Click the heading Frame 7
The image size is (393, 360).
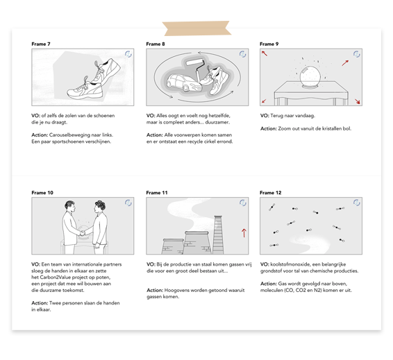(x=41, y=44)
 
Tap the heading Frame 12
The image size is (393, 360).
(x=270, y=193)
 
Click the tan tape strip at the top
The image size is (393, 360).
(x=196, y=28)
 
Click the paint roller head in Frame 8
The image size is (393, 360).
(x=195, y=62)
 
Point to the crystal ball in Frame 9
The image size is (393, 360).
(x=310, y=76)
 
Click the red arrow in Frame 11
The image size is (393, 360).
(x=244, y=233)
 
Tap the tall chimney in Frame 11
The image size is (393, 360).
(x=218, y=234)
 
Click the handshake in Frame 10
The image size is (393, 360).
(x=83, y=233)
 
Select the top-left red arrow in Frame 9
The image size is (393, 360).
(x=265, y=53)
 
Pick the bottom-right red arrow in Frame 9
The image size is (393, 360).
(x=358, y=101)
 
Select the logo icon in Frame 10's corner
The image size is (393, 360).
(x=128, y=203)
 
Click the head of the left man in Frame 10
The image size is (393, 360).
(x=69, y=207)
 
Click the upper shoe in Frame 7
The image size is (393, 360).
(x=106, y=70)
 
